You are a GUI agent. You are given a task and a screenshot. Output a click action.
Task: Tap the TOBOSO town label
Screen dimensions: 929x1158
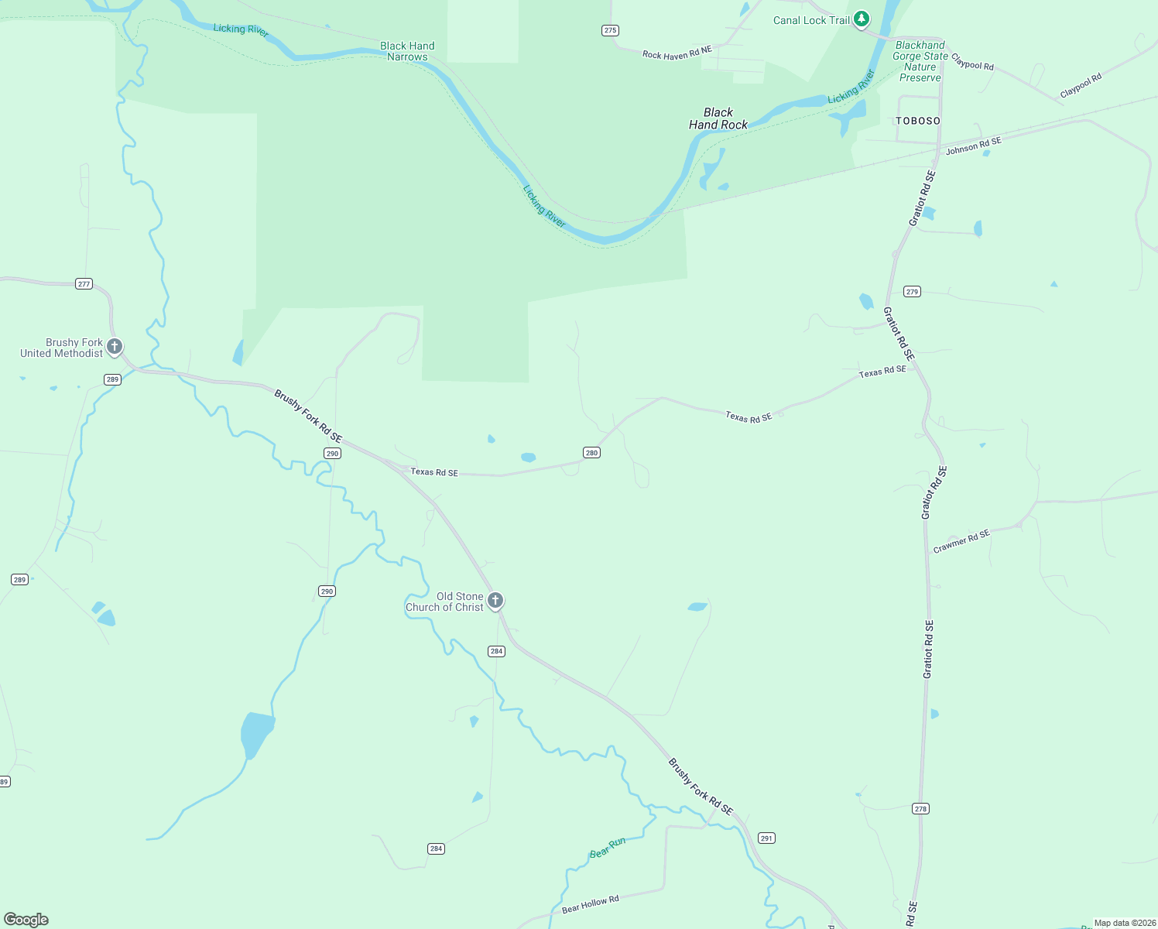point(918,121)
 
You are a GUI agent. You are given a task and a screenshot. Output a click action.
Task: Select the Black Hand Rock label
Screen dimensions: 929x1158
point(718,118)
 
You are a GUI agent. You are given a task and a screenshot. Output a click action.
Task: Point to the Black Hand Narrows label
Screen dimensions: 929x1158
point(407,51)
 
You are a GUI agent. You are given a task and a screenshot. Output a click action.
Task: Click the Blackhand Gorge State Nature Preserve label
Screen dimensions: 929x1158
point(920,61)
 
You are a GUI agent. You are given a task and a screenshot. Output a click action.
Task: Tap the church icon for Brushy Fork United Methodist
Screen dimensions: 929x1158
point(115,346)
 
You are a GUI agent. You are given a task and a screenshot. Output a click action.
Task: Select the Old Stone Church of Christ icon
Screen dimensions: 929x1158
point(495,600)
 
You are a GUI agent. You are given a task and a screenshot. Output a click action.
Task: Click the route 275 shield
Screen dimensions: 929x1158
point(611,30)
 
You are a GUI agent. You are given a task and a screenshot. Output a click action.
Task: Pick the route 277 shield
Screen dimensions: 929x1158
point(84,283)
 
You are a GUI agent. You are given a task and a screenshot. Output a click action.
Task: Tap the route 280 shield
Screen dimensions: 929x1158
point(591,452)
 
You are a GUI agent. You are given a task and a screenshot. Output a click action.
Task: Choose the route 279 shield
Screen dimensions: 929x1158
point(912,291)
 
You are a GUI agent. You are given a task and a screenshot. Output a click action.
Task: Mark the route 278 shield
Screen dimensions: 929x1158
point(920,808)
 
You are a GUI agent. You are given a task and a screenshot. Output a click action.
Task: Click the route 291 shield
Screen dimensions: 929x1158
point(766,838)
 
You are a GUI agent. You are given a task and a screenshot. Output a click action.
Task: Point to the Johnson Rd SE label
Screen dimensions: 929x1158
point(973,146)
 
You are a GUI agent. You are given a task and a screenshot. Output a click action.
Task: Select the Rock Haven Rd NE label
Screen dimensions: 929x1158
point(677,53)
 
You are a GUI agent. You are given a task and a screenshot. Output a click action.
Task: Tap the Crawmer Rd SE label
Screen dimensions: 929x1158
point(961,541)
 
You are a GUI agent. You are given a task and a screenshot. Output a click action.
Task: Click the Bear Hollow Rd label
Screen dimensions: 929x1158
point(590,903)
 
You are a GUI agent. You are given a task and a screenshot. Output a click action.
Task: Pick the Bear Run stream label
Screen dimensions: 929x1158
point(608,847)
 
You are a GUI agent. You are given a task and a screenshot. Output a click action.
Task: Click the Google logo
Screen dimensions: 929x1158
point(26,919)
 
